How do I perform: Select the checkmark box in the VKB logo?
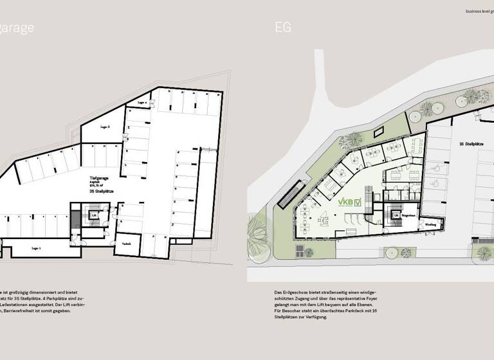[358, 202]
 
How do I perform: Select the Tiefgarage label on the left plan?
[98, 175]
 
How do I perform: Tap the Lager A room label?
[143, 102]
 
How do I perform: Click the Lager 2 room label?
[105, 127]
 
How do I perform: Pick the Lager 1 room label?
[36, 247]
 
